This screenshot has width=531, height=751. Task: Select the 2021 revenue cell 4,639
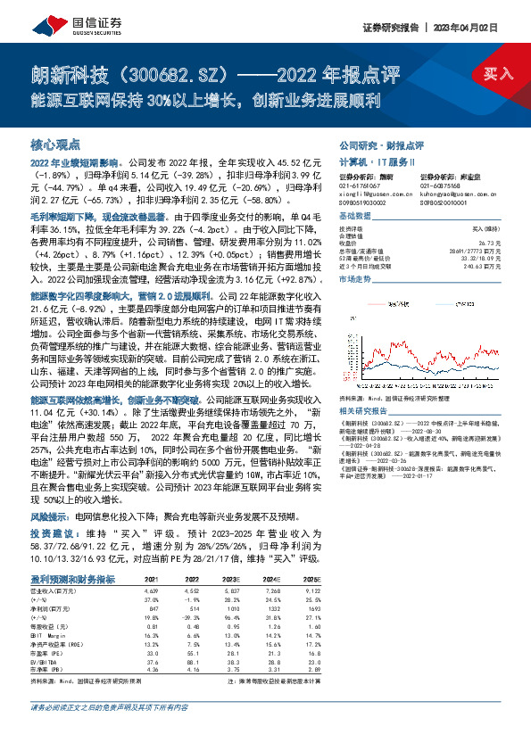coord(151,590)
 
